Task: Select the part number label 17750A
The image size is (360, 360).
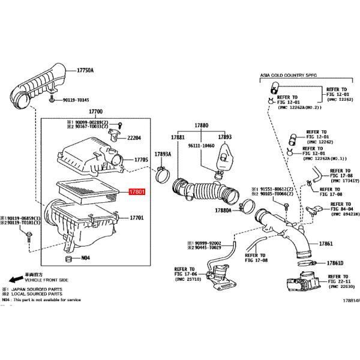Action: [85, 70]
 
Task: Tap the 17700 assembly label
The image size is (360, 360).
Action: [96, 112]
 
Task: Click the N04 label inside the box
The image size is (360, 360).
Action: [85, 259]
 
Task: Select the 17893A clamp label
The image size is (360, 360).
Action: [163, 154]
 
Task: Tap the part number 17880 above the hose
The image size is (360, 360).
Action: [200, 126]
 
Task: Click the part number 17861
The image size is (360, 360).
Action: [326, 244]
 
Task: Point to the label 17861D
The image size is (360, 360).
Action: [335, 263]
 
